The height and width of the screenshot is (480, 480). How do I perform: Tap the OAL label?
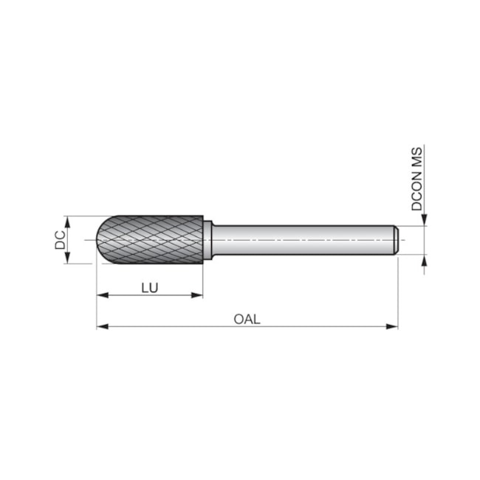coord(247,319)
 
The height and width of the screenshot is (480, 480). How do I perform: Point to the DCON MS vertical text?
coord(417,179)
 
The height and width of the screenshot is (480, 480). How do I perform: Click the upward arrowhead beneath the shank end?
coord(425,261)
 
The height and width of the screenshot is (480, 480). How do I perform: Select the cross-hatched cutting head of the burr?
coord(159,240)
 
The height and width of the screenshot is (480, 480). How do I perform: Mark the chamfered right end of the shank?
coord(397,240)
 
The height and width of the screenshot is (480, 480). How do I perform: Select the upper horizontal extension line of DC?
coord(85,216)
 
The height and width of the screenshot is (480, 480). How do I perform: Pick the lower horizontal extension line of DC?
coord(85,264)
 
